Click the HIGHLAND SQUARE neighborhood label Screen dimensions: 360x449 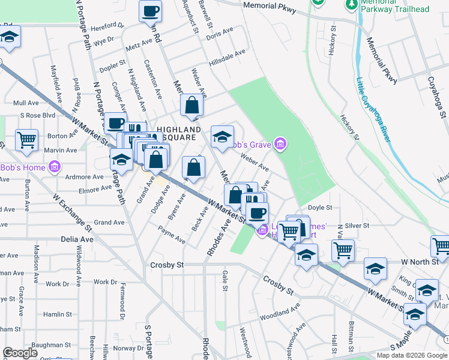coord(178,133)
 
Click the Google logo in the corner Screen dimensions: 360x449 coord(20,353)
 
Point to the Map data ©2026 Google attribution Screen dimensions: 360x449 coord(411,355)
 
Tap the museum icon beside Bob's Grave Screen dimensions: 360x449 coord(280,143)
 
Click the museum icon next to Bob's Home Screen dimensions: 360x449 coord(55,167)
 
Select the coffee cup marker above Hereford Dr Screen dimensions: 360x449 coord(150,11)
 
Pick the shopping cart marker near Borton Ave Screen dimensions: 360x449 coord(27,140)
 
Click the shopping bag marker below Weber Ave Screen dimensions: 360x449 coord(191,105)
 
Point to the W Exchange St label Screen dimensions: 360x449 coord(72,212)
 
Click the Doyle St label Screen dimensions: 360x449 coord(320,208)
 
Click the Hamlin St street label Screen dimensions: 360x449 coord(58,314)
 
